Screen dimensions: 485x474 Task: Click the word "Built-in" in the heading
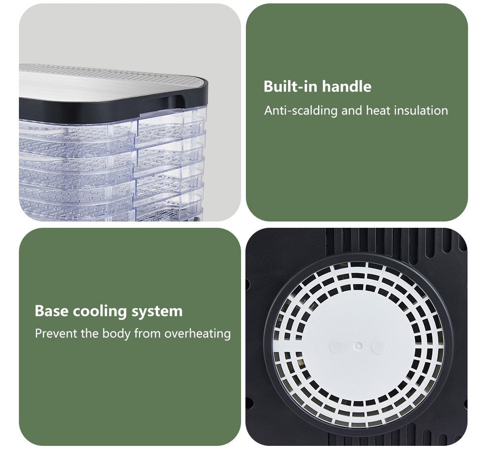[291, 87]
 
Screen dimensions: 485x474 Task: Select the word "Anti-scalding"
[301, 111]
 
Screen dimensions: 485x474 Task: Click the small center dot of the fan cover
[358, 346]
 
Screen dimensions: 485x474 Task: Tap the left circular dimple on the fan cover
[338, 346]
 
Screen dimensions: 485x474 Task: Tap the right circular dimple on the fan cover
[379, 346]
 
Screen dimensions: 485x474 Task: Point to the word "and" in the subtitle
[352, 111]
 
